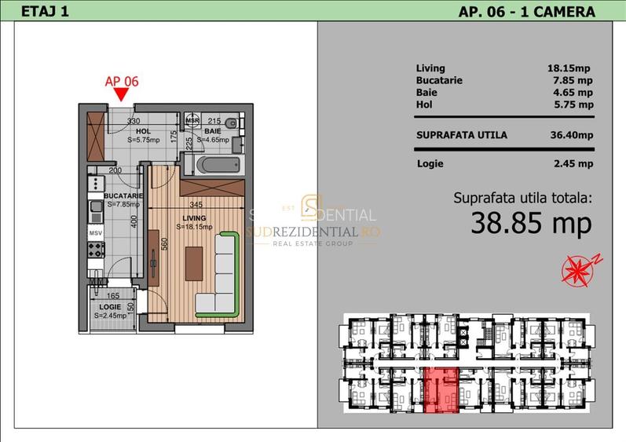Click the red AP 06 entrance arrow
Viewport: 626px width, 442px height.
click(x=120, y=95)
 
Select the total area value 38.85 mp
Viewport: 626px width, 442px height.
click(x=530, y=224)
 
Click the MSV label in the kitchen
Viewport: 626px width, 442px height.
click(x=95, y=233)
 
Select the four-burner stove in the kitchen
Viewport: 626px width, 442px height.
click(x=95, y=251)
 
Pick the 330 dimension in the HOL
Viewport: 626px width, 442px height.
click(x=134, y=121)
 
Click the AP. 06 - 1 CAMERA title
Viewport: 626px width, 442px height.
click(x=525, y=11)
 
